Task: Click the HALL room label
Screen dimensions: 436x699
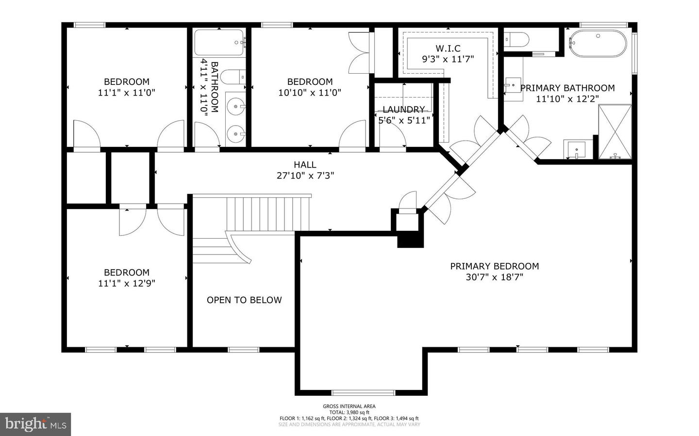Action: pos(305,165)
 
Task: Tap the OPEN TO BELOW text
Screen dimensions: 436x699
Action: pos(244,300)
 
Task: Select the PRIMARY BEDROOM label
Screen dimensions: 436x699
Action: pos(494,266)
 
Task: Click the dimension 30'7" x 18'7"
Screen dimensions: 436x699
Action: pos(494,277)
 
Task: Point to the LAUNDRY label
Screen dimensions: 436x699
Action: pos(403,110)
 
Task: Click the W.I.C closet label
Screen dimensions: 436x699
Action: pos(448,48)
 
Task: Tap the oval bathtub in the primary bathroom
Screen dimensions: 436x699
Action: pos(598,44)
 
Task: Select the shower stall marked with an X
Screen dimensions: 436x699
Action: pos(615,131)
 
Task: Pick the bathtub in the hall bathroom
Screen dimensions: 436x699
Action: pos(219,43)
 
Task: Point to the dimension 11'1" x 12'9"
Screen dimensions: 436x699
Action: pos(126,283)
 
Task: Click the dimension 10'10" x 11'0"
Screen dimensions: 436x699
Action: pos(310,93)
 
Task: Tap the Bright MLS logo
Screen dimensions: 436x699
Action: pos(35,424)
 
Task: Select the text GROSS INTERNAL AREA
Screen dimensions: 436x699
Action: pos(349,406)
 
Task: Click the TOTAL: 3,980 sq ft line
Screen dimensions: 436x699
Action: pos(349,412)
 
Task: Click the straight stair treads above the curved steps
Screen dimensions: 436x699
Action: pos(268,213)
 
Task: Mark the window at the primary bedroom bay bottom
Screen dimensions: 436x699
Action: pos(363,392)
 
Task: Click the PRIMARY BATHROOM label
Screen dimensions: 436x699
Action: pos(567,88)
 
